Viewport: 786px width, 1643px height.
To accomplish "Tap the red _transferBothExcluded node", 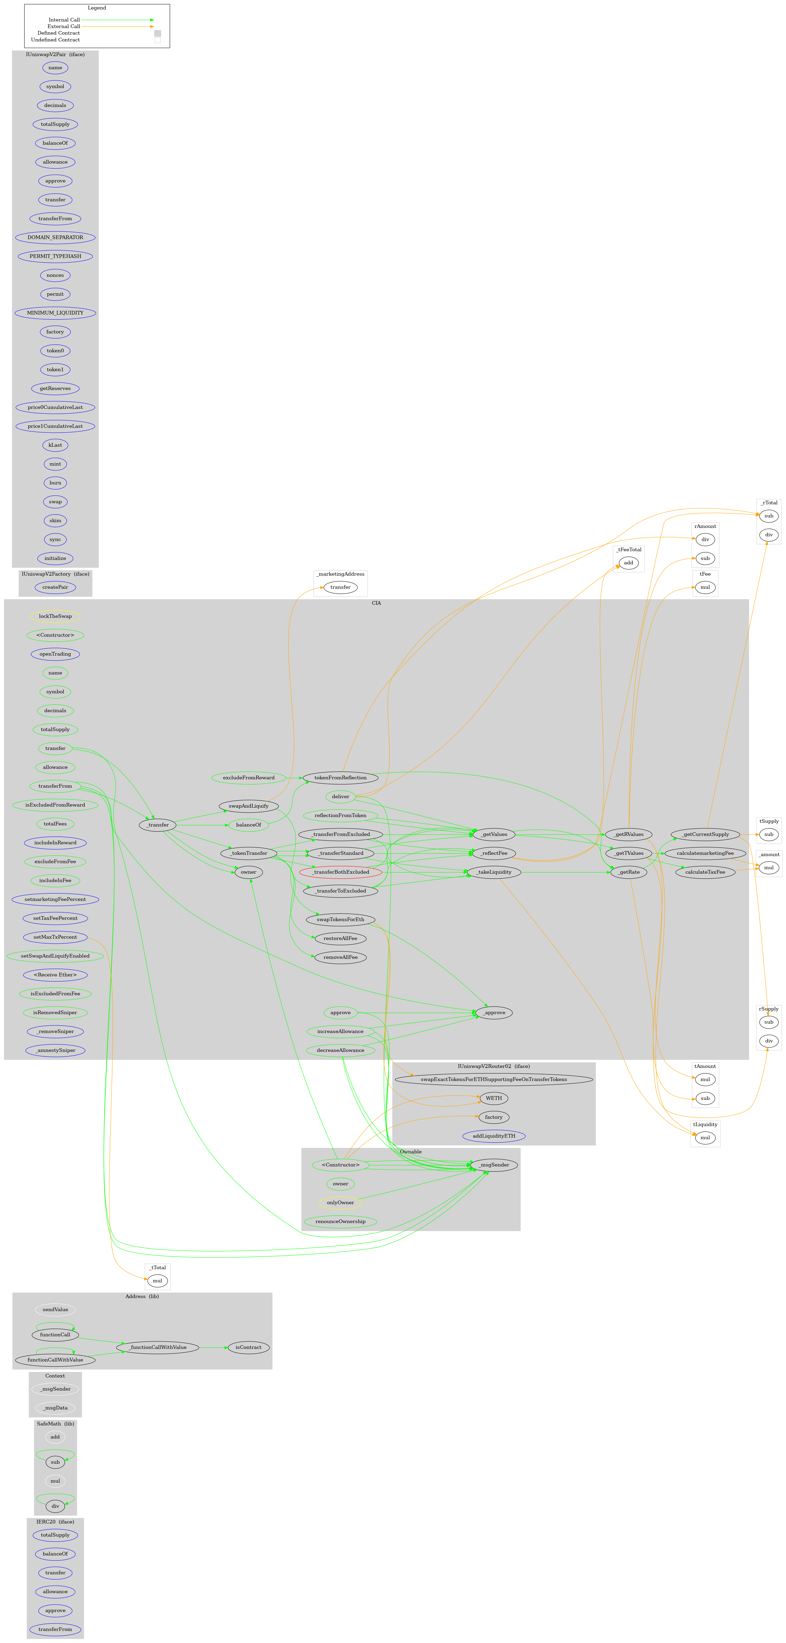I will [340, 872].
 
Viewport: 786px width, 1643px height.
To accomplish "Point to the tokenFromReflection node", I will [340, 777].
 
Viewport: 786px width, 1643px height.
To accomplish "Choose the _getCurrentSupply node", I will [704, 834].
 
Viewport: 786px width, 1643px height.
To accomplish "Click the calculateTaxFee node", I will [704, 872].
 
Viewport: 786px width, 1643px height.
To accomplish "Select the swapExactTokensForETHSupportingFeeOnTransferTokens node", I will [494, 1079].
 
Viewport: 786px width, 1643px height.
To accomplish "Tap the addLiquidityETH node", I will [494, 1136].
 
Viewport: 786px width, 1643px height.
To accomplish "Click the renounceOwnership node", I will [340, 1222].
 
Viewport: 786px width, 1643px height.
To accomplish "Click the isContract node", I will [248, 1347].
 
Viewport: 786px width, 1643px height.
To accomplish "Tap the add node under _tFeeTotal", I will [628, 563].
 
